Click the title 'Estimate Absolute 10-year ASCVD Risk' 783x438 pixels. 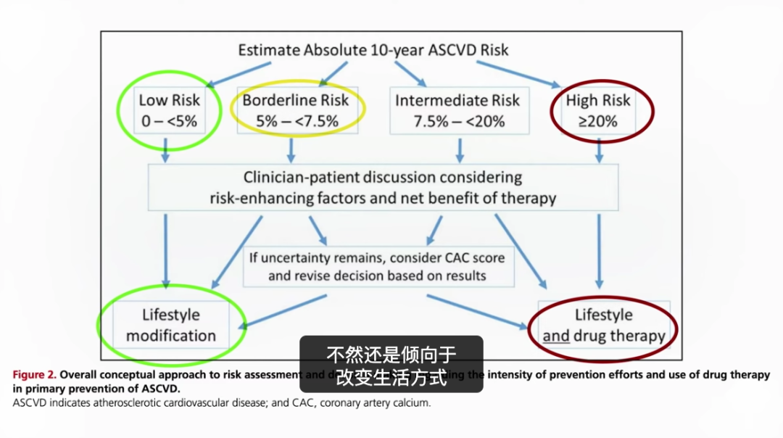point(373,50)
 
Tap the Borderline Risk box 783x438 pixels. point(296,110)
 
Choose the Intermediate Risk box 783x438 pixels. point(457,110)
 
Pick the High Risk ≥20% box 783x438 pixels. point(598,110)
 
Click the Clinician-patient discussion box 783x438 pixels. point(383,187)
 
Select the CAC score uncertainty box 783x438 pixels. point(378,266)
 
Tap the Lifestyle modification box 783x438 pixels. point(171,326)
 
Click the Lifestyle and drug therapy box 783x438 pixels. point(603,326)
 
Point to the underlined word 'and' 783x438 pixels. point(556,336)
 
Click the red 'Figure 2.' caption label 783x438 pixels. point(34,375)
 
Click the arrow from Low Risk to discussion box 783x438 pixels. point(167,150)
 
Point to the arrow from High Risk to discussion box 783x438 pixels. point(600,150)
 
